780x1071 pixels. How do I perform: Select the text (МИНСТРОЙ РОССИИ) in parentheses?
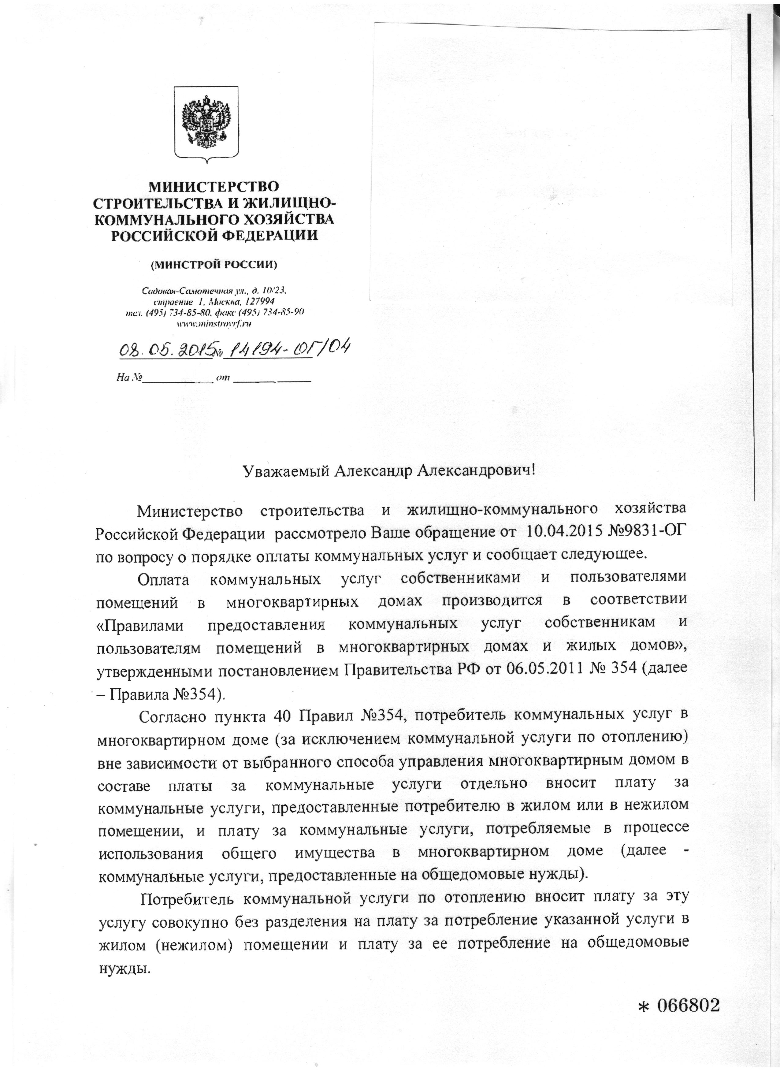click(214, 264)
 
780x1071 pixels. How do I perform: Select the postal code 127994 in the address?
click(260, 301)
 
